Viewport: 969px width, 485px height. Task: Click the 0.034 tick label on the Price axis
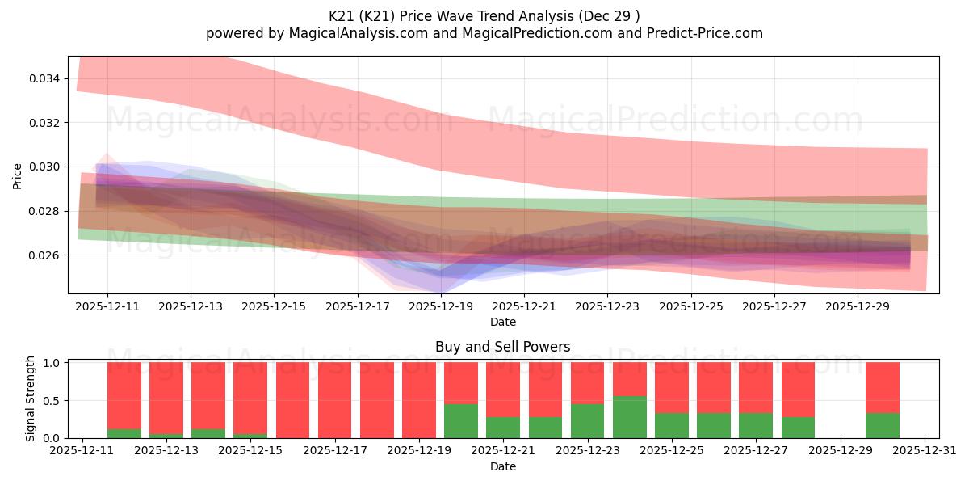tap(45, 78)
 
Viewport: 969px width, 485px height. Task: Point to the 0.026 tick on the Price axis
tap(45, 255)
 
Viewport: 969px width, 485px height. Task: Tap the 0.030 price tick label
tap(45, 167)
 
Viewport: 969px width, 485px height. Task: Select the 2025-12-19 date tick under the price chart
tap(441, 307)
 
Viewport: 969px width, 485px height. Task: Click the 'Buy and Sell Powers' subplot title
tap(502, 347)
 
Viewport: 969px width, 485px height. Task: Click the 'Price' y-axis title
tap(18, 175)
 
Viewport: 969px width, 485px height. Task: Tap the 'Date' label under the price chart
tap(502, 322)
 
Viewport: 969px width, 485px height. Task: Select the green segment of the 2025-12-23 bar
tap(587, 421)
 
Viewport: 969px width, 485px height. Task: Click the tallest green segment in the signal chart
tap(629, 417)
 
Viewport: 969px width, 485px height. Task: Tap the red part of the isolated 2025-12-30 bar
tap(882, 387)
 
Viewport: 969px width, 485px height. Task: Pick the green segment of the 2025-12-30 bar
tap(882, 426)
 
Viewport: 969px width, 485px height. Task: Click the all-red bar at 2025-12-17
tap(335, 400)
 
